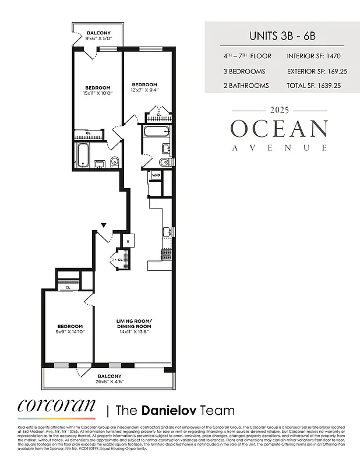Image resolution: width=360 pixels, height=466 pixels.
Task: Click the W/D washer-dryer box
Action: [156, 175]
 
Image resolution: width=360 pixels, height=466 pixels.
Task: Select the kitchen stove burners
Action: [166, 254]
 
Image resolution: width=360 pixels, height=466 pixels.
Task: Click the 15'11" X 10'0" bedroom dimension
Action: [97, 93]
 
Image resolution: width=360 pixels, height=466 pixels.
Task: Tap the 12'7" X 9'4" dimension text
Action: [144, 90]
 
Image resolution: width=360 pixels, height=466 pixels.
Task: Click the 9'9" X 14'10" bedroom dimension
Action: [69, 331]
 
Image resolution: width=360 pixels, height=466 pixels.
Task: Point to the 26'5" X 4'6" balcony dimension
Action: [110, 382]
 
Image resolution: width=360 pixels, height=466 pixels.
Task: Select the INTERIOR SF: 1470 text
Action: [313, 57]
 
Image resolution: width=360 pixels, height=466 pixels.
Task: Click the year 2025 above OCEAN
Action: [279, 110]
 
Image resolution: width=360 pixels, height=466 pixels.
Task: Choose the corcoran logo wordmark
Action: [56, 405]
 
